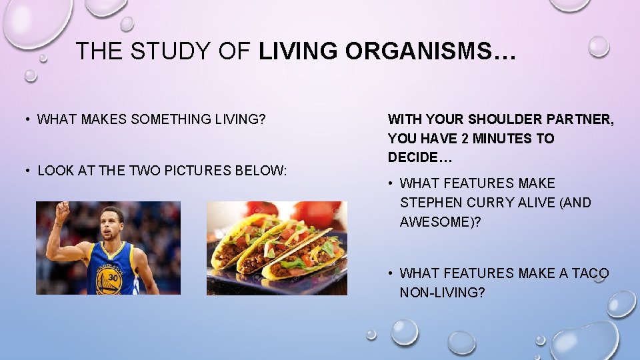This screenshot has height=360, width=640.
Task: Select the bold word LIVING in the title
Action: [299, 51]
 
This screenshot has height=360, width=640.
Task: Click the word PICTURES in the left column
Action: [191, 171]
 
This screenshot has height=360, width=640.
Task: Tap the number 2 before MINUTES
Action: [464, 139]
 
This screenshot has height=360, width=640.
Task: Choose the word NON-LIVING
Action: [442, 293]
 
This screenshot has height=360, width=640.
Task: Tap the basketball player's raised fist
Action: [62, 212]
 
